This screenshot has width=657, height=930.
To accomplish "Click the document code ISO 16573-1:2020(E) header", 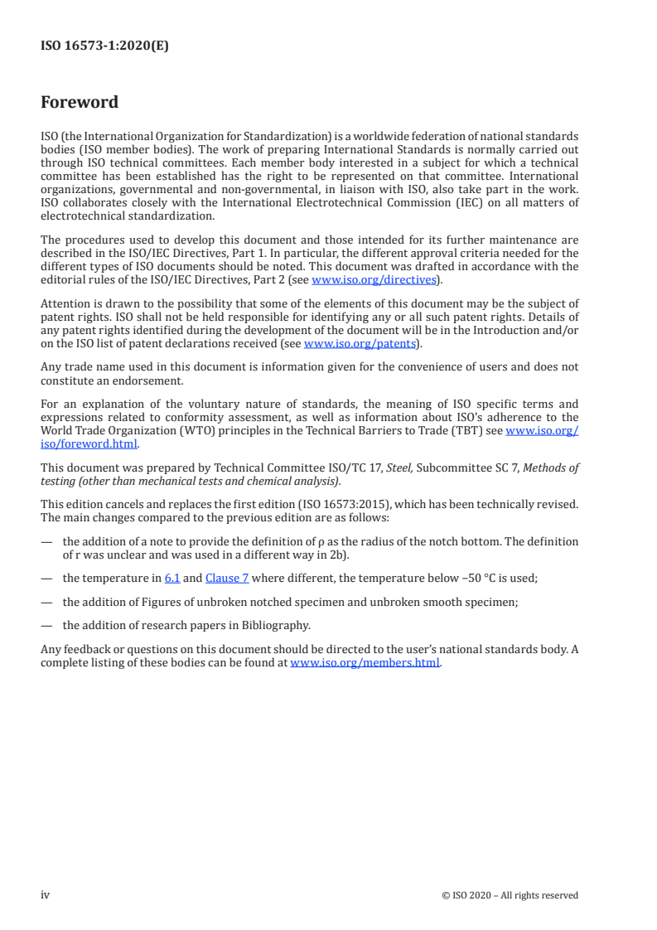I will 104,46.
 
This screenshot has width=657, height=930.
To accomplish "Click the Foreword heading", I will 80,103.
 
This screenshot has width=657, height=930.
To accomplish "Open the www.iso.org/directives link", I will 374,280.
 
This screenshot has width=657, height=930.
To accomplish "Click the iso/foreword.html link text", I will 89,443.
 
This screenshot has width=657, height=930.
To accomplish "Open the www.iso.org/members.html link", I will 365,662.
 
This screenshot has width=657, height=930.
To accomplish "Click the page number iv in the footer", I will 46,894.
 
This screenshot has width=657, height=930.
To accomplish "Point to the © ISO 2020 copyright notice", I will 510,895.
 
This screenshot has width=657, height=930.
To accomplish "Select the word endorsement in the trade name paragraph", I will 140,380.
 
